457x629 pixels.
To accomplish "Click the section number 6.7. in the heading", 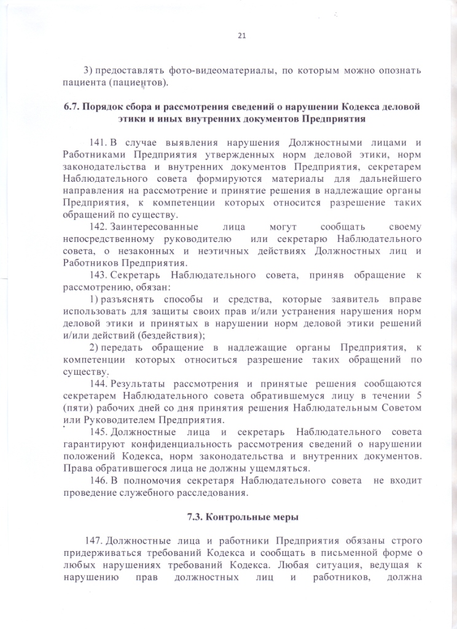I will pyautogui.click(x=72, y=107).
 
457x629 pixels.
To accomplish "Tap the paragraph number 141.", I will pyautogui.click(x=99, y=143).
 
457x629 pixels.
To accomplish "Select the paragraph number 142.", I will pyautogui.click(x=99, y=227).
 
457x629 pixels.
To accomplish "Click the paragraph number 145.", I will pyautogui.click(x=99, y=434).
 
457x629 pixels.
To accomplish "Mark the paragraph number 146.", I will pyautogui.click(x=99, y=481).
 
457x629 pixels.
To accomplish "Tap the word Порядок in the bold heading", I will pyautogui.click(x=106, y=107).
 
